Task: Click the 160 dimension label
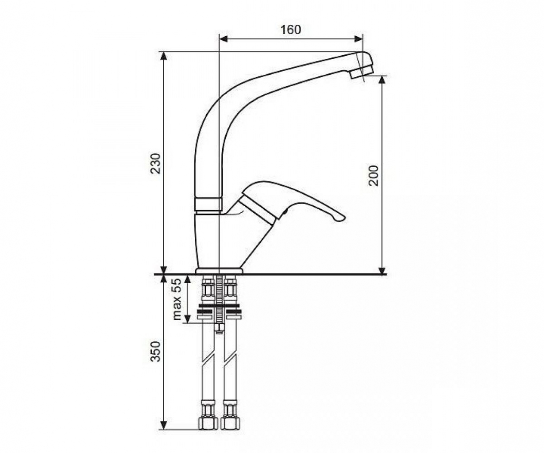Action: pyautogui.click(x=290, y=30)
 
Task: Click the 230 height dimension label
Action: pyautogui.click(x=156, y=163)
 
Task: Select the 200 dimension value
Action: pyautogui.click(x=374, y=175)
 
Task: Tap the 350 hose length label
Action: pyautogui.click(x=156, y=351)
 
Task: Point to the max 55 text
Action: pyautogui.click(x=177, y=299)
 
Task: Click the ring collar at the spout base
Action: pyautogui.click(x=208, y=204)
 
